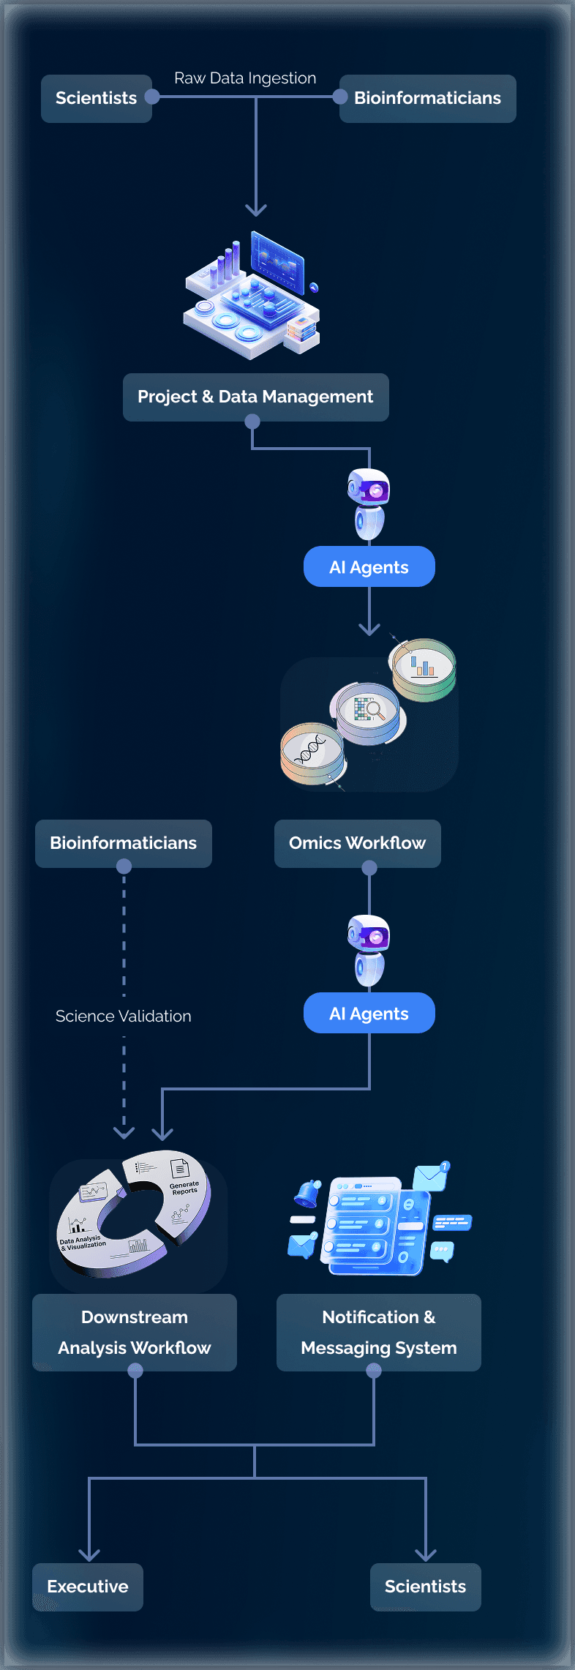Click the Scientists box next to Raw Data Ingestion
[x=96, y=98]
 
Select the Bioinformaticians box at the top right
[x=427, y=98]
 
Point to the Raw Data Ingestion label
[x=245, y=78]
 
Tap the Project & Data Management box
[x=255, y=397]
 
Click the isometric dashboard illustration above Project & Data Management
[x=252, y=296]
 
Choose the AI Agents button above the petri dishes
[x=369, y=567]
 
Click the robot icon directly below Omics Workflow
[x=369, y=949]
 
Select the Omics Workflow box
[x=357, y=843]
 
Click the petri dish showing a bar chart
[x=423, y=668]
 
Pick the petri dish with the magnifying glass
[x=368, y=712]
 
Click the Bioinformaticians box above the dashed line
[x=123, y=843]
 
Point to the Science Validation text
[x=123, y=1016]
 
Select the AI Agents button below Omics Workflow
[x=369, y=1014]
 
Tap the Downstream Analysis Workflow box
[x=135, y=1332]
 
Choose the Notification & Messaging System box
[x=378, y=1332]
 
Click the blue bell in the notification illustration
[x=308, y=1193]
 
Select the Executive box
[x=88, y=1587]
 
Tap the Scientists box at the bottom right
[x=425, y=1587]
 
